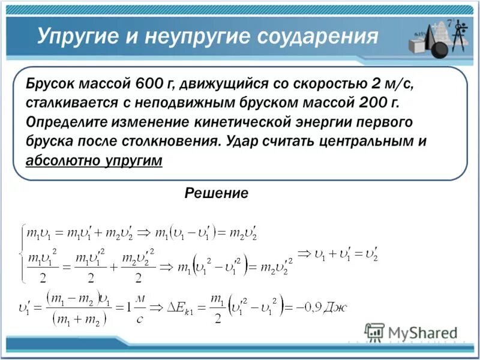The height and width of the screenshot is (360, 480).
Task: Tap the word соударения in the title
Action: click(x=317, y=37)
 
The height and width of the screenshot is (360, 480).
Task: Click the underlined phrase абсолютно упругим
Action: click(x=94, y=161)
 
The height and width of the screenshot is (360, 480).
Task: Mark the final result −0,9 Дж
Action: click(x=322, y=307)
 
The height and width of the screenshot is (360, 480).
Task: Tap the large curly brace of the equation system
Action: click(x=22, y=253)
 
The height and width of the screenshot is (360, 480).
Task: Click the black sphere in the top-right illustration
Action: click(x=440, y=49)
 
